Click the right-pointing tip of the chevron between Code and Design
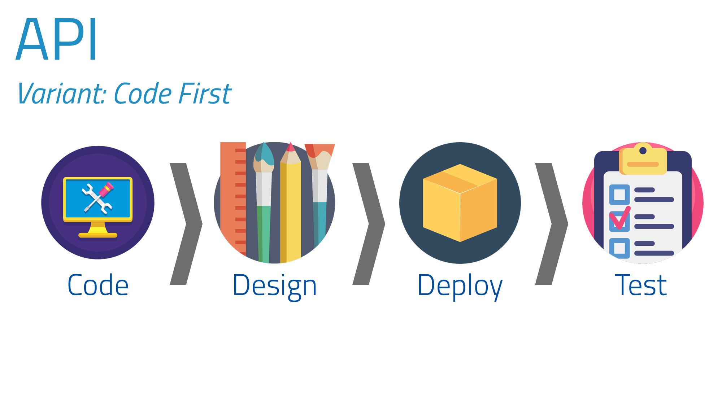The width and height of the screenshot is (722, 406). [x=202, y=224]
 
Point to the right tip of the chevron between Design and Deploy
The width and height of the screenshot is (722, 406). [x=385, y=224]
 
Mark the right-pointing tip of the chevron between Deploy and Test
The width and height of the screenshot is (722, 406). [x=568, y=224]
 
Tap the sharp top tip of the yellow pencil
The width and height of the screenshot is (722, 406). [x=291, y=143]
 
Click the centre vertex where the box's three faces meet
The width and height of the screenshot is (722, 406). [x=460, y=194]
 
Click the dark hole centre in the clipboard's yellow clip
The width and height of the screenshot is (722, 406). [x=643, y=150]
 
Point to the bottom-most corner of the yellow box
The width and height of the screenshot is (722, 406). [x=460, y=242]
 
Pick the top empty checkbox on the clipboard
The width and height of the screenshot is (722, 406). [x=619, y=195]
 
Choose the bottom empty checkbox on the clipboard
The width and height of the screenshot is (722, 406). [x=619, y=248]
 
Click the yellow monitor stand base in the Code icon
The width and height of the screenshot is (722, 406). [x=98, y=235]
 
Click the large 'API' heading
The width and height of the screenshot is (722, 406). [x=56, y=39]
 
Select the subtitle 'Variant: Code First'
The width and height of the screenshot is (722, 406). [x=124, y=93]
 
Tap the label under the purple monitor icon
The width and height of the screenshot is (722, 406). [x=98, y=285]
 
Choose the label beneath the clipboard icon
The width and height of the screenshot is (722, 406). [x=641, y=285]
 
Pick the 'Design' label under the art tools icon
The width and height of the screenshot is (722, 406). [x=275, y=286]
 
